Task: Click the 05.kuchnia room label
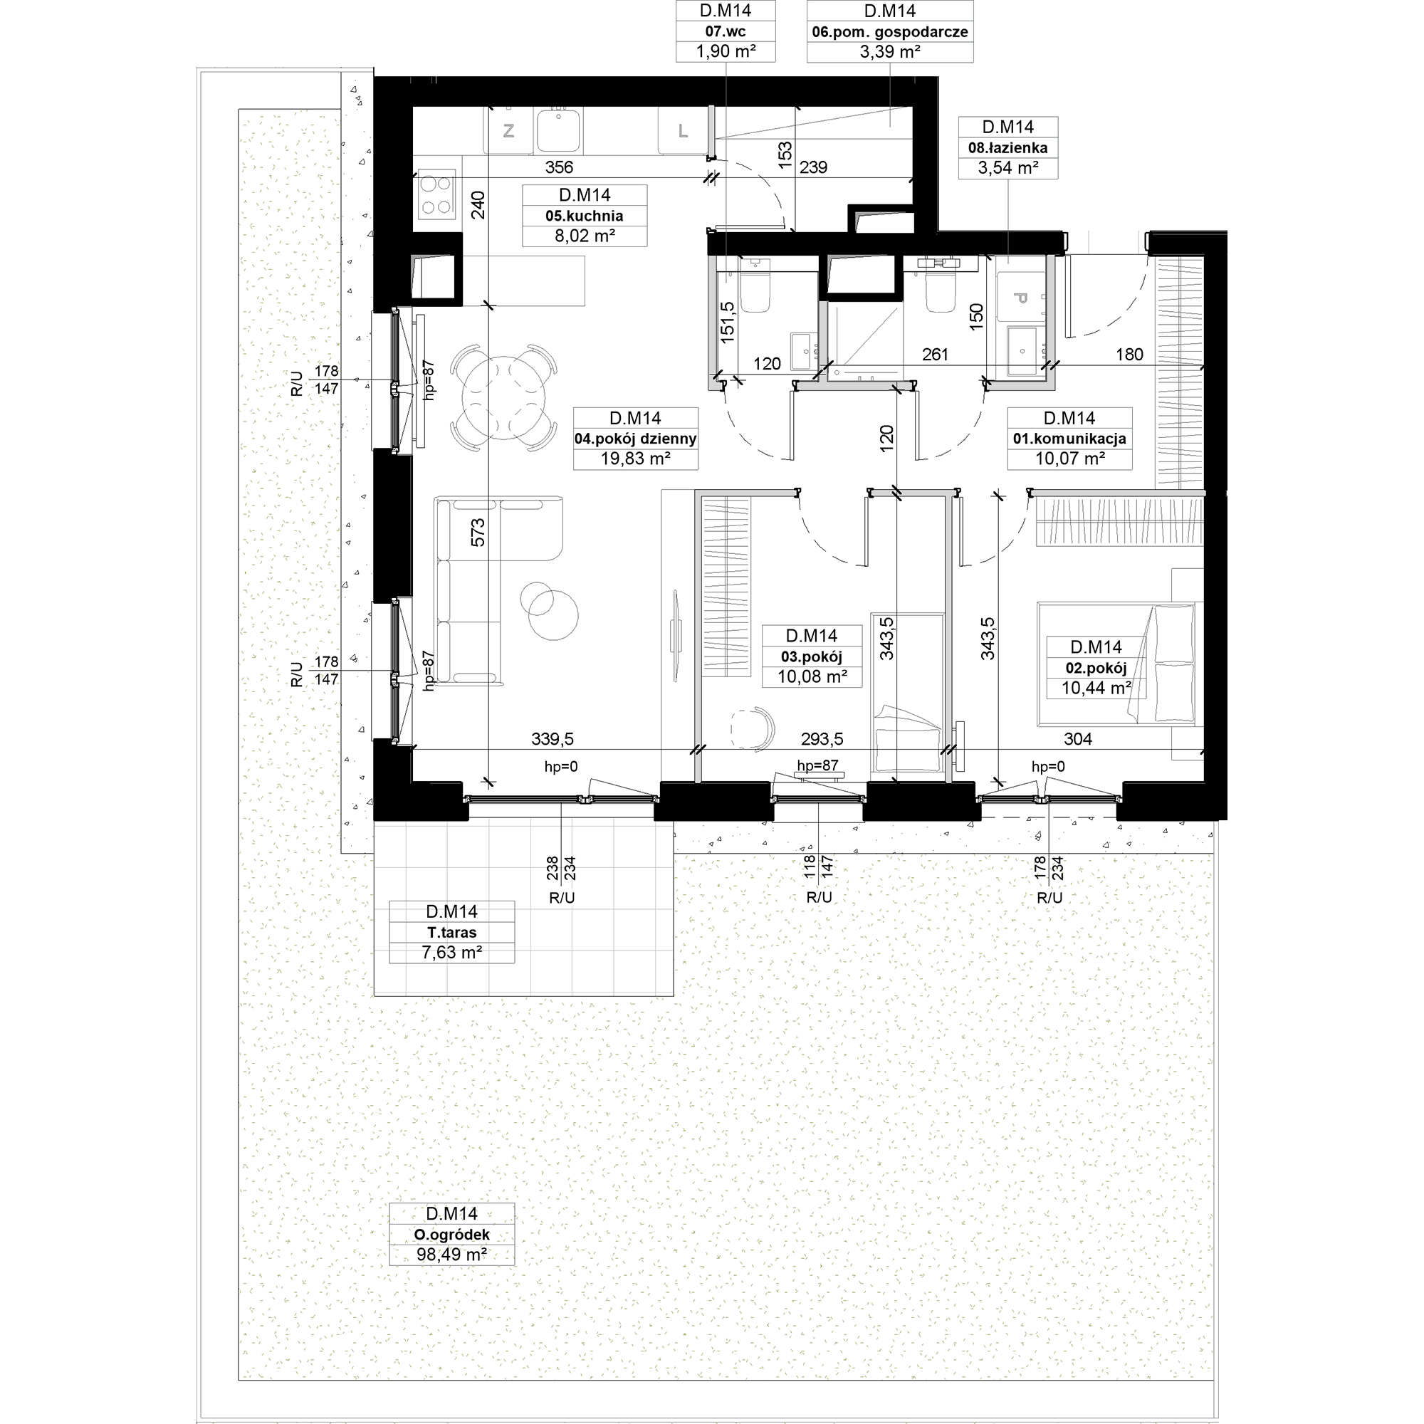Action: click(585, 216)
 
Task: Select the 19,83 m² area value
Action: click(635, 459)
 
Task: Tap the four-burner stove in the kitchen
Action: click(436, 195)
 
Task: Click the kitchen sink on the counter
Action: click(559, 130)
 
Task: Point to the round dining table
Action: click(503, 398)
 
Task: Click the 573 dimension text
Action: click(478, 532)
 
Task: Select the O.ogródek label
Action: click(452, 1235)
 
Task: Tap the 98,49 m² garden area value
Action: click(452, 1255)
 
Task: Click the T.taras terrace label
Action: click(452, 933)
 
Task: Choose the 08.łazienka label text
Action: click(1007, 147)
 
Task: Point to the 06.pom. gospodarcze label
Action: click(889, 32)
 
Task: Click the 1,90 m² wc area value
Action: click(726, 51)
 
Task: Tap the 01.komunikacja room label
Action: click(1069, 439)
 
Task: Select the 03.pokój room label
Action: click(812, 656)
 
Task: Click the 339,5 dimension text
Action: click(552, 738)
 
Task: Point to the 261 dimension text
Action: click(936, 355)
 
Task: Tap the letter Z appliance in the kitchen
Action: click(508, 131)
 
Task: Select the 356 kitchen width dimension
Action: click(560, 167)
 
